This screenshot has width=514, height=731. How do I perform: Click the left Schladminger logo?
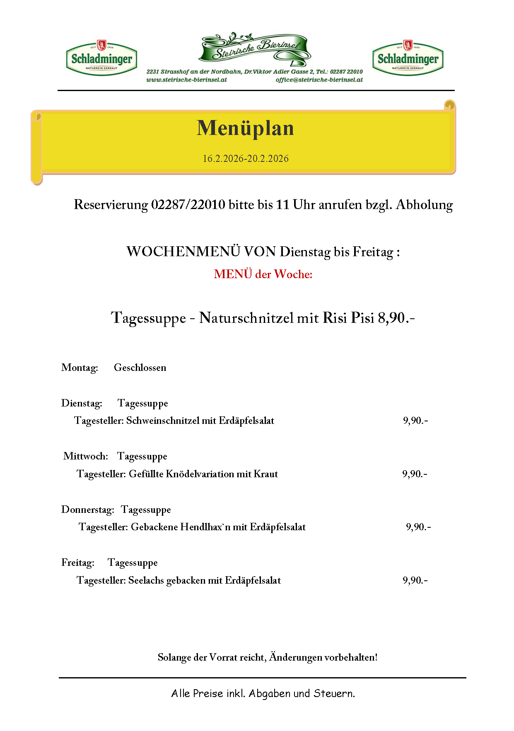101,58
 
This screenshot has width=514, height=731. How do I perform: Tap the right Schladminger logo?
408,58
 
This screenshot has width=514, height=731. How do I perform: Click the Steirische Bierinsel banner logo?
255,49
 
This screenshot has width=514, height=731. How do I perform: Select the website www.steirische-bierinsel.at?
186,80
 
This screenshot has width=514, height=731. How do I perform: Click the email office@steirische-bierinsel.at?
319,80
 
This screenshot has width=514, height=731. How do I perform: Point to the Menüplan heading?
245,128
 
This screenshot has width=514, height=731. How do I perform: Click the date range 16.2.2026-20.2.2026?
245,159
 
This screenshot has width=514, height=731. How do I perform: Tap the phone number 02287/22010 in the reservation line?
188,204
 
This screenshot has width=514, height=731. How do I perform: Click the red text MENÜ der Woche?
263,274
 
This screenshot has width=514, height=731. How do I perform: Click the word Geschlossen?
140,368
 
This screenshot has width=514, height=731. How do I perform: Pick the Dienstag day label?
82,403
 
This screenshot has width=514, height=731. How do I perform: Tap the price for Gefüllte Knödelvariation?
415,474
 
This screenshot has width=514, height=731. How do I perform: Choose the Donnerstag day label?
87,510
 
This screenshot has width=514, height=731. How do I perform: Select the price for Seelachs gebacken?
415,580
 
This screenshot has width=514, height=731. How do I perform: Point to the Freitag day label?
78,563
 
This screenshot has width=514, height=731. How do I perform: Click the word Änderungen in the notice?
296,657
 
